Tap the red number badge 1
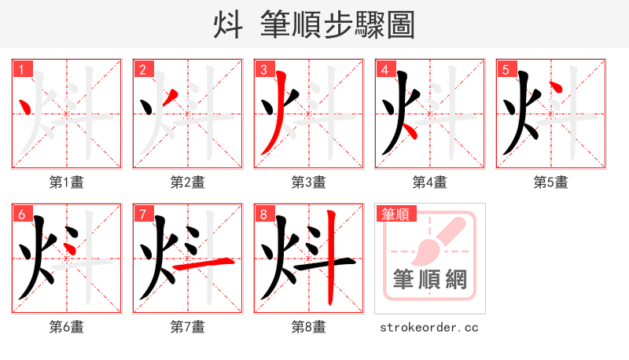point(20,69)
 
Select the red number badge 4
point(384,69)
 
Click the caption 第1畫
point(67,182)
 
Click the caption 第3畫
point(309,182)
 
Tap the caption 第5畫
point(551,182)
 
